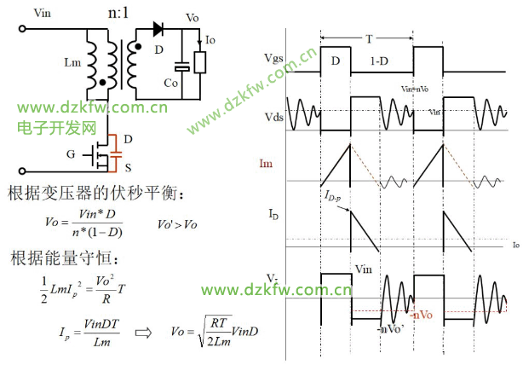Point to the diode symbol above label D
(x=158, y=28)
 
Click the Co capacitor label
(x=171, y=84)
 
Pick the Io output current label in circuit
(x=211, y=39)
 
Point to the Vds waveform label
(x=276, y=118)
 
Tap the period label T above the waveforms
(x=368, y=38)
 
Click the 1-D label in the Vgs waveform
(x=380, y=62)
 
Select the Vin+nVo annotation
(x=415, y=89)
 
